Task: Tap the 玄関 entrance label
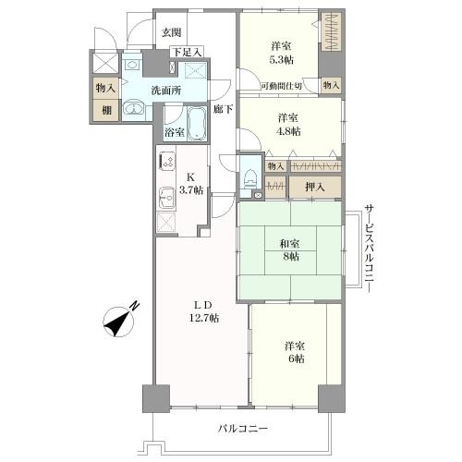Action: [171, 32]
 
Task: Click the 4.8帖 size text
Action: [289, 131]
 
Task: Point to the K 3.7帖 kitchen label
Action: [191, 183]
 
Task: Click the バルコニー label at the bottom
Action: [243, 430]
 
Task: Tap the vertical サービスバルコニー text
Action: [368, 248]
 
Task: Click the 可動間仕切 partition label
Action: [280, 86]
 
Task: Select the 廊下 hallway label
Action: [223, 110]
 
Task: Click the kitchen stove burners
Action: [167, 163]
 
